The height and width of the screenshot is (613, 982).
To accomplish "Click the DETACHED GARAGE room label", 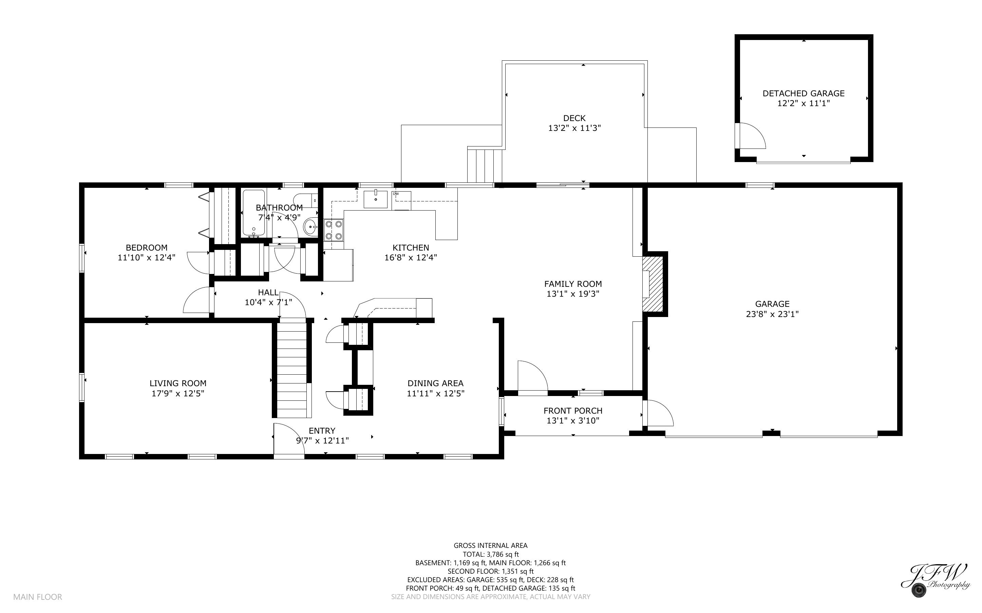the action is pos(803,93).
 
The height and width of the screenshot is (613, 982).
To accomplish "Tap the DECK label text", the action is pos(574,118).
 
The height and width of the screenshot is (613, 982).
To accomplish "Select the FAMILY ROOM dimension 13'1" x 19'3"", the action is pos(573,294).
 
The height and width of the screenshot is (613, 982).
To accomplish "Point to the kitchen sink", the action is pos(376,199).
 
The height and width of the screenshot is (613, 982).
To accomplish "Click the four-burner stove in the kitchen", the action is pos(334,230).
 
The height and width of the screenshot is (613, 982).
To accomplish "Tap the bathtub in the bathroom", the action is pos(253,213).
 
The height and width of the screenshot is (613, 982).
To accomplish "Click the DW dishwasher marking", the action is pos(396,194).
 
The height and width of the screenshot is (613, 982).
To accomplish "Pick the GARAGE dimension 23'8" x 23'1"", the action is pos(772,314).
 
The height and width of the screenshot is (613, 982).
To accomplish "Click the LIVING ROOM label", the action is pos(178,383).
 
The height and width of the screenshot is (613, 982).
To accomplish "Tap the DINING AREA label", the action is pos(436,383).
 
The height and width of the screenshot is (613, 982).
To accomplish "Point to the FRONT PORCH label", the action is pos(573,411).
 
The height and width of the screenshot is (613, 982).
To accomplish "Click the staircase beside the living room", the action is pos(291,369).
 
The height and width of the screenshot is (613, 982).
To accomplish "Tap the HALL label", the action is pos(268,292).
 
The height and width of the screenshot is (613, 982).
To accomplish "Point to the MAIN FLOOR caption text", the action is pos(38,597).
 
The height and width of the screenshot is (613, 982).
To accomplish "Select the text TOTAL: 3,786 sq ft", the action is pos(491,554).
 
